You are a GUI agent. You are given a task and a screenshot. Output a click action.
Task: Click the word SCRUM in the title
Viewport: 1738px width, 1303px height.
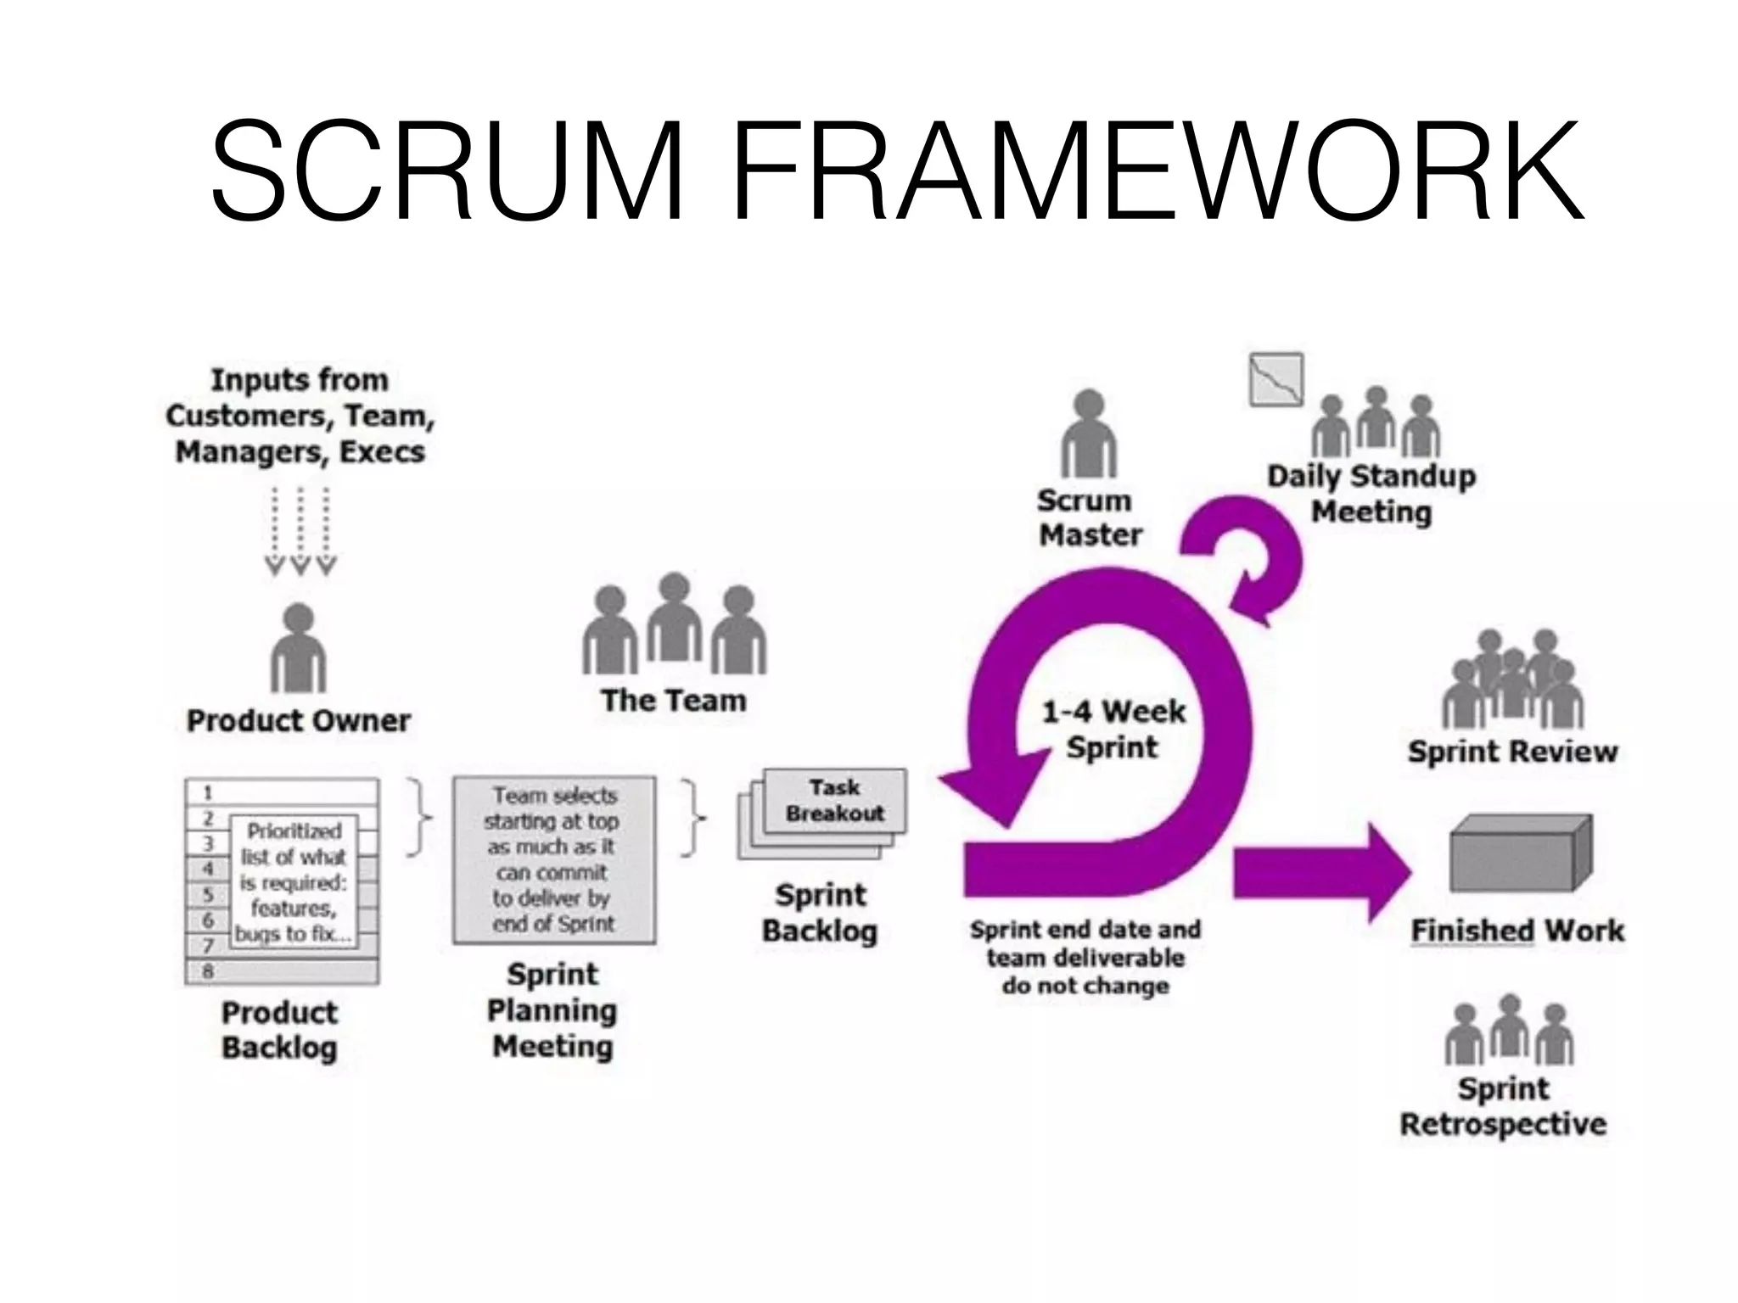click(447, 170)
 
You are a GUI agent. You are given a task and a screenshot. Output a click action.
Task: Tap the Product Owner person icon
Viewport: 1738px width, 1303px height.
click(298, 649)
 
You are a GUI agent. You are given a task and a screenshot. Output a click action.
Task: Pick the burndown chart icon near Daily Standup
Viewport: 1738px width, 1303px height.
click(1275, 379)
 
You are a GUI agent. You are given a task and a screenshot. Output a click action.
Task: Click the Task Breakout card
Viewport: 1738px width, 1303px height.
click(835, 800)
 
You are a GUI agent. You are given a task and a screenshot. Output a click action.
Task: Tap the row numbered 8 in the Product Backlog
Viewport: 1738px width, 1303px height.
click(282, 971)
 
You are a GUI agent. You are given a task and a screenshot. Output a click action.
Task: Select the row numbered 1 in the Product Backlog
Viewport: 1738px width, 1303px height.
click(282, 792)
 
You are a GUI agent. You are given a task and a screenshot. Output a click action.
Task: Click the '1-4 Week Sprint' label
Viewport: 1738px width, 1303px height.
click(1113, 729)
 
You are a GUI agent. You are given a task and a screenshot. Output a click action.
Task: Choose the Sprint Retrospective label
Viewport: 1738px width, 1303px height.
click(1503, 1106)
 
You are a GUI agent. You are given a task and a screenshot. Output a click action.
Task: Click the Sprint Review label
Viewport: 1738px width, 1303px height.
click(1512, 752)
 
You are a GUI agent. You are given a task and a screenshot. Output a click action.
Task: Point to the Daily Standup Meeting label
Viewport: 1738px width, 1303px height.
click(1371, 494)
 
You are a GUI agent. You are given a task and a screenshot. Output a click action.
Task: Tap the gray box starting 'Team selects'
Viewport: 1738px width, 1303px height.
click(554, 859)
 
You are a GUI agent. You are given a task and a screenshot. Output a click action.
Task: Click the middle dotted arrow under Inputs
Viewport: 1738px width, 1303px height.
click(300, 530)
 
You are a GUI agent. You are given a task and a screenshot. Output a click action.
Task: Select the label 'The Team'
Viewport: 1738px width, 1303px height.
click(674, 701)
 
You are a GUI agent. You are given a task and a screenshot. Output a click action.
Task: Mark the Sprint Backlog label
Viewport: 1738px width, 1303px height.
click(820, 913)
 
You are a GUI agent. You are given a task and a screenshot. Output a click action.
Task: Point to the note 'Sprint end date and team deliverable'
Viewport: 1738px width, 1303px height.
click(1085, 957)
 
